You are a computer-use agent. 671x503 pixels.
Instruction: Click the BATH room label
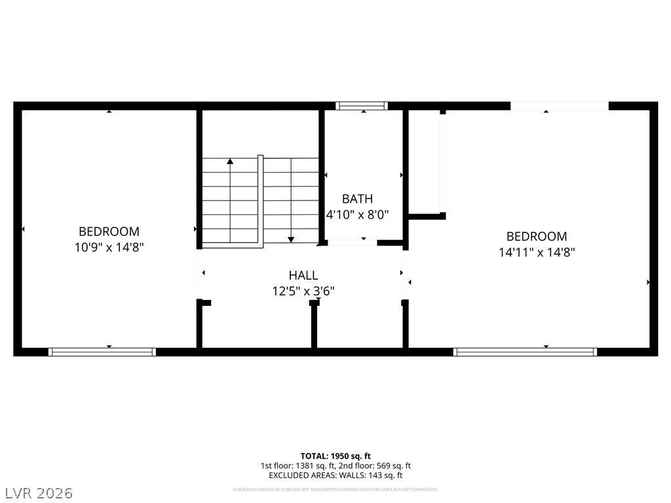point(357,198)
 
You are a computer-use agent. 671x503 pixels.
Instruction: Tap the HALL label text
point(303,276)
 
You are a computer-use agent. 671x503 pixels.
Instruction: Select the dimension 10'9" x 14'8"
point(109,247)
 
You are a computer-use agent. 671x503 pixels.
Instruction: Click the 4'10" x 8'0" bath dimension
point(358,214)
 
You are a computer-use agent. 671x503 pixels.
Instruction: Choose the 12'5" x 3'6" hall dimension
point(303,291)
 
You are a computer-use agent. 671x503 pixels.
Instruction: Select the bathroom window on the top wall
point(362,105)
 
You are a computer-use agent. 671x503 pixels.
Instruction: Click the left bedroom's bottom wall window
point(102,352)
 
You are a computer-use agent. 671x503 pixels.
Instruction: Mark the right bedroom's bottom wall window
point(525,352)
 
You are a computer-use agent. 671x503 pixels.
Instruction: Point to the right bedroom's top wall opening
point(559,105)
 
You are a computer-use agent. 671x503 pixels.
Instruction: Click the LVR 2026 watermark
point(39,493)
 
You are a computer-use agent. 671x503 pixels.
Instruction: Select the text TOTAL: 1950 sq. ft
point(335,456)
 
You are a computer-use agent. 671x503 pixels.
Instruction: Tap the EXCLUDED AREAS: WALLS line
point(335,475)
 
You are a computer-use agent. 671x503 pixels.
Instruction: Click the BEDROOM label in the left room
point(109,231)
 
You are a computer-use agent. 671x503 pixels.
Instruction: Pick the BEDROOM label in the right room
point(536,236)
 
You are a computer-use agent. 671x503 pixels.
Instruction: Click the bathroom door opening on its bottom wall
point(353,243)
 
